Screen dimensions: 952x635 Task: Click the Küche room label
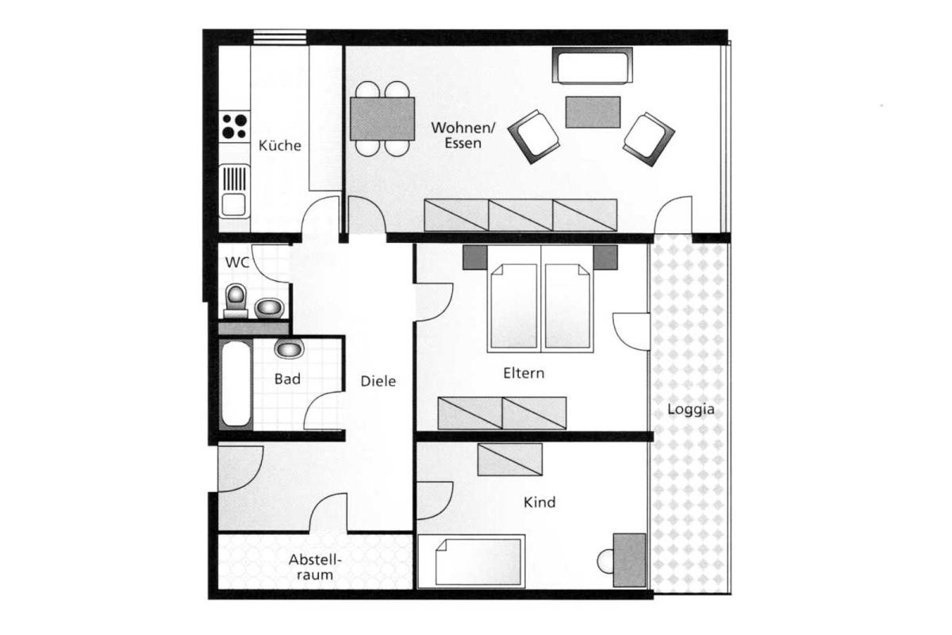279,145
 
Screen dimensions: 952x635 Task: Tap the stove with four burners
234,126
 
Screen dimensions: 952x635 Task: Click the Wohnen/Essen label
463,135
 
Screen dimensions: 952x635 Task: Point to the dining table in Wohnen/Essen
382,118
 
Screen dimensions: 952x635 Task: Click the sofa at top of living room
592,66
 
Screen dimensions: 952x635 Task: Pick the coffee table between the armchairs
593,112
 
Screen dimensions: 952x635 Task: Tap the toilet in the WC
236,300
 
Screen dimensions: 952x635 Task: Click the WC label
236,263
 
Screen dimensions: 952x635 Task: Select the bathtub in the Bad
236,383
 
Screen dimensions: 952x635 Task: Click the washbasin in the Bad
289,348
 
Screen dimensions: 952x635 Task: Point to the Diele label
378,381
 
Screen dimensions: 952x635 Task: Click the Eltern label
524,373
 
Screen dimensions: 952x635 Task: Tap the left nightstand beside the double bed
475,257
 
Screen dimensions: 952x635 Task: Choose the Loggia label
691,410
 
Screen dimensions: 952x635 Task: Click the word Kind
539,502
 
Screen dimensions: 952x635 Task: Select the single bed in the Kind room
472,562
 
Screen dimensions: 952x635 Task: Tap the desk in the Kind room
629,560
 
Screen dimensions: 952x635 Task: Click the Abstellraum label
315,567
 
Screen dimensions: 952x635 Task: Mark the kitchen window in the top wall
279,37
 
